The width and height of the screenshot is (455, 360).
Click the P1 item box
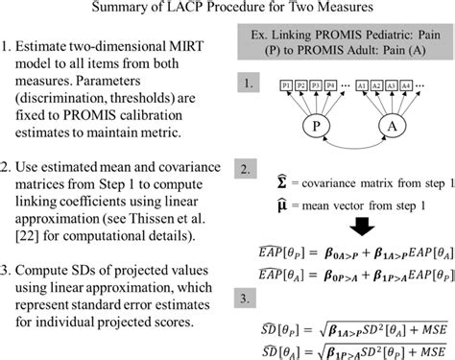pos(284,85)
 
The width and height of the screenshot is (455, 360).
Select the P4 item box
pos(331,85)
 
